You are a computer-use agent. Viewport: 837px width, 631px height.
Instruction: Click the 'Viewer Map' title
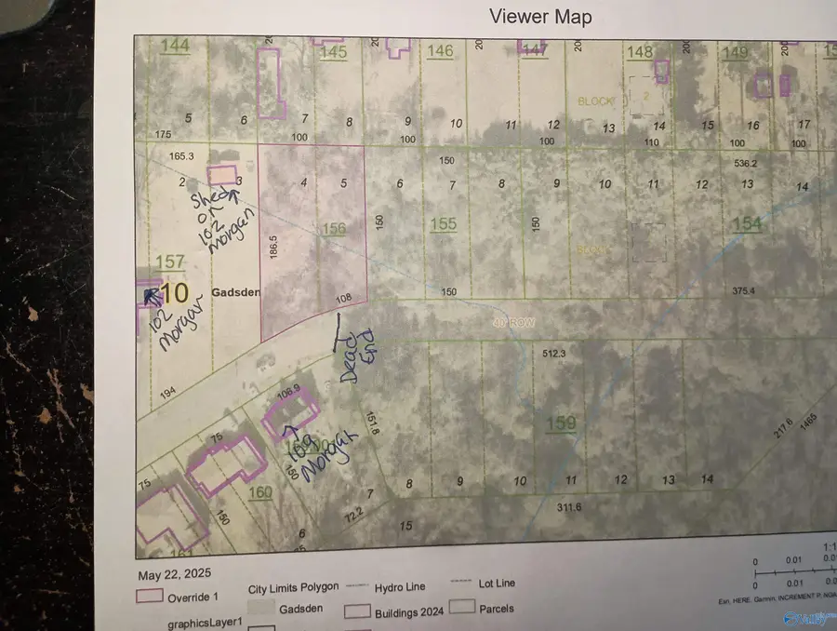click(x=540, y=17)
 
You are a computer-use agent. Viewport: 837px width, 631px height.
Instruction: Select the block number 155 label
click(x=444, y=223)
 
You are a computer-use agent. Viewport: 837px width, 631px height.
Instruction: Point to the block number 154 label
click(x=747, y=223)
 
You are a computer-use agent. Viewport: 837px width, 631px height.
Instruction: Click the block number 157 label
click(x=170, y=263)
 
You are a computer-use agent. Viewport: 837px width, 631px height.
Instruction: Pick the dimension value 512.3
click(x=554, y=353)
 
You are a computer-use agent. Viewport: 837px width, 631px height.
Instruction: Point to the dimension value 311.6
click(x=568, y=507)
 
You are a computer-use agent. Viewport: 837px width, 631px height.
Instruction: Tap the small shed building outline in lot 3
click(x=221, y=175)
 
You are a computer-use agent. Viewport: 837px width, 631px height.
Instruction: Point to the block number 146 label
click(x=440, y=51)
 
